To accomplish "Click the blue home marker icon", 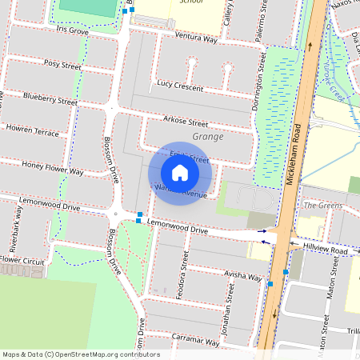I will point(180,173).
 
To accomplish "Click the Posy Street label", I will point(64,63).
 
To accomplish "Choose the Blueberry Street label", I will point(50,101).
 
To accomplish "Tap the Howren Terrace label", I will point(32,130).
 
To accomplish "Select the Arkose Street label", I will point(185,123).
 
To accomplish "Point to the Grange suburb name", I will point(208,137).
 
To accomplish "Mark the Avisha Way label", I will point(242,277).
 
